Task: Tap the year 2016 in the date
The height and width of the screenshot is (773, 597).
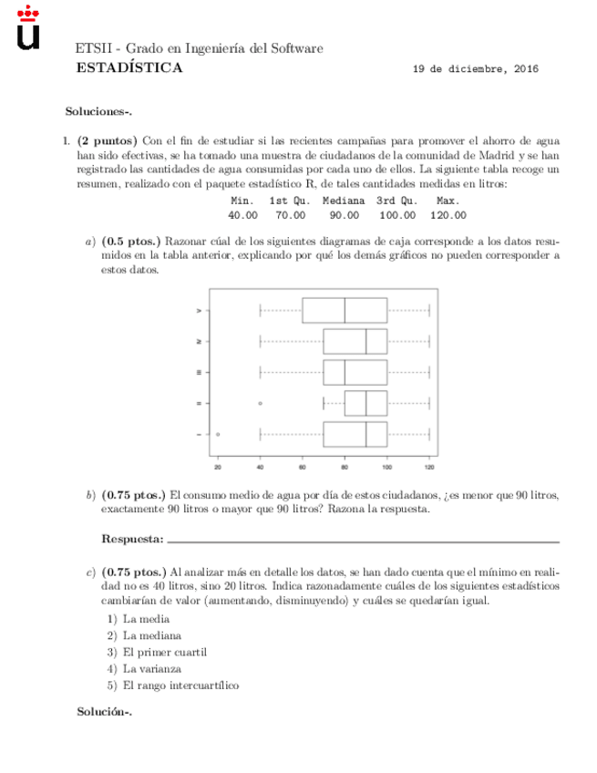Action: click(x=524, y=69)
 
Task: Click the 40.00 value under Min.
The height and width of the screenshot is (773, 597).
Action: click(x=242, y=215)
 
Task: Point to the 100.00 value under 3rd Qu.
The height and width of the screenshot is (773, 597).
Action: click(x=396, y=215)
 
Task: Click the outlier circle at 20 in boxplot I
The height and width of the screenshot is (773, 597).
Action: click(x=218, y=435)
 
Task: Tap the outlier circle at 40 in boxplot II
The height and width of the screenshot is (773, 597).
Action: click(x=261, y=403)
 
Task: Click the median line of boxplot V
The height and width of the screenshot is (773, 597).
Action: click(x=345, y=310)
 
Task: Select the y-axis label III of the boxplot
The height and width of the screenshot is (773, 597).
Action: click(x=199, y=372)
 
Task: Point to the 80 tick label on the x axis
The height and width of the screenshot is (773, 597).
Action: click(x=345, y=468)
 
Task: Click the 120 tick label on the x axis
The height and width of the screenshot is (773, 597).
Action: click(x=428, y=468)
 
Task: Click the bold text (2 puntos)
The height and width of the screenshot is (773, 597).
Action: click(x=108, y=141)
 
